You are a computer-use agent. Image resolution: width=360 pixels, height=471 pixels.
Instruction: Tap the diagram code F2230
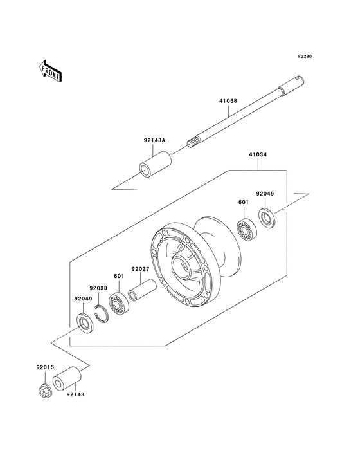tap(304, 57)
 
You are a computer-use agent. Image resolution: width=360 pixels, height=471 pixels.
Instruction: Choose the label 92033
tap(98, 289)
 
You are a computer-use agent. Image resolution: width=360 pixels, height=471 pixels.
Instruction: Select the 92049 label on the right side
tap(265, 194)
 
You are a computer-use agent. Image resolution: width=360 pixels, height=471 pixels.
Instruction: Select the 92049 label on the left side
tap(83, 299)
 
